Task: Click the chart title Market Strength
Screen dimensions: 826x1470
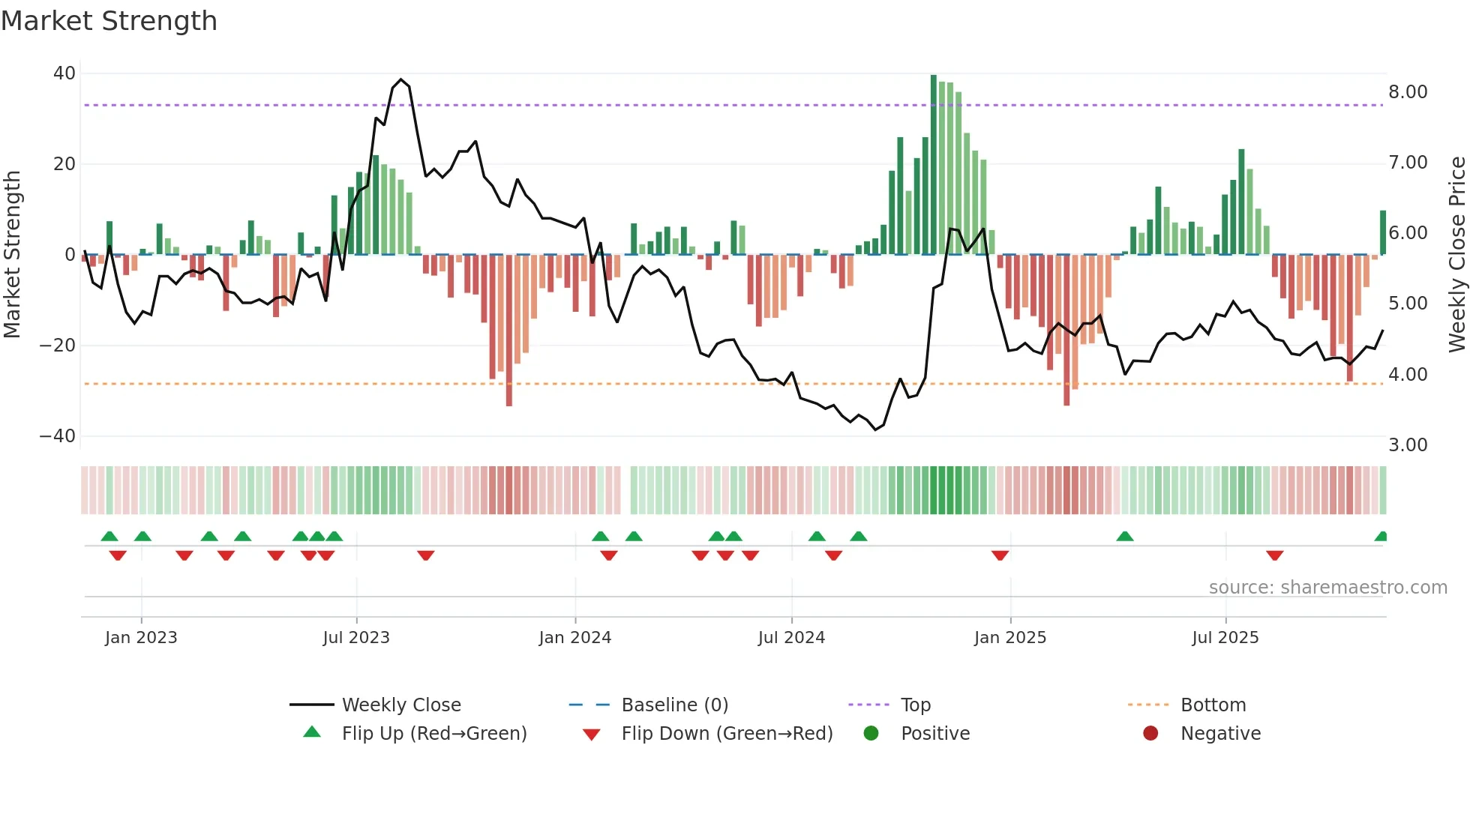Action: pyautogui.click(x=109, y=21)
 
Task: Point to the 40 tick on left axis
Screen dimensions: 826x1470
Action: pyautogui.click(x=64, y=73)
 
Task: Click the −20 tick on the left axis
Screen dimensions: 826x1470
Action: pyautogui.click(x=58, y=346)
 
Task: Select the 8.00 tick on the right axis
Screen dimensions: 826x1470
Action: pyautogui.click(x=1408, y=92)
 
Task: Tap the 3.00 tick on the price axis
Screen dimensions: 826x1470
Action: pyautogui.click(x=1408, y=445)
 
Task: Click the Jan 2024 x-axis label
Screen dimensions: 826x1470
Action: pyautogui.click(x=574, y=638)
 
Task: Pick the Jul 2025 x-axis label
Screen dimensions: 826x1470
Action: pyautogui.click(x=1225, y=638)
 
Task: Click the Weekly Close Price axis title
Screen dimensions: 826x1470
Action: pyautogui.click(x=1456, y=255)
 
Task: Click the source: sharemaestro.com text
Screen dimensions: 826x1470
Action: pyautogui.click(x=1327, y=588)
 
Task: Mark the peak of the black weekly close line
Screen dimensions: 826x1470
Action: pyautogui.click(x=401, y=79)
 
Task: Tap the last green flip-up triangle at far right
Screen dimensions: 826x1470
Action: pyautogui.click(x=1381, y=537)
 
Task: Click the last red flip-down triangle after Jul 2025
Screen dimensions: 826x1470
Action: pyautogui.click(x=1274, y=555)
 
